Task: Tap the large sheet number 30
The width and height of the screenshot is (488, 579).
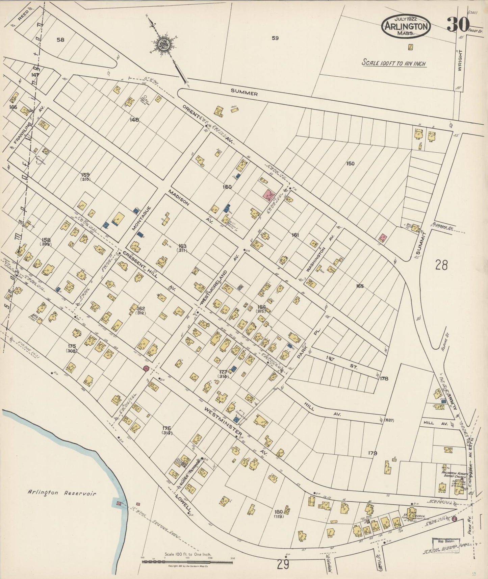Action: coord(458,25)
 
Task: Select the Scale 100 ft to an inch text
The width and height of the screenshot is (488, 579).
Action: coord(394,63)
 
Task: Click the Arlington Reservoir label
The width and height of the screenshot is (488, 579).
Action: coord(62,494)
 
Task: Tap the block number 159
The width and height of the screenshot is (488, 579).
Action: coord(85,175)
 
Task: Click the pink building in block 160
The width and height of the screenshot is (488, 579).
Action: coord(268,195)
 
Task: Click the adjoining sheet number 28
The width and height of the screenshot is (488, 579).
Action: coord(441,265)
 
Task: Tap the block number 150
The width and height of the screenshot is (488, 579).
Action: coord(350,163)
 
